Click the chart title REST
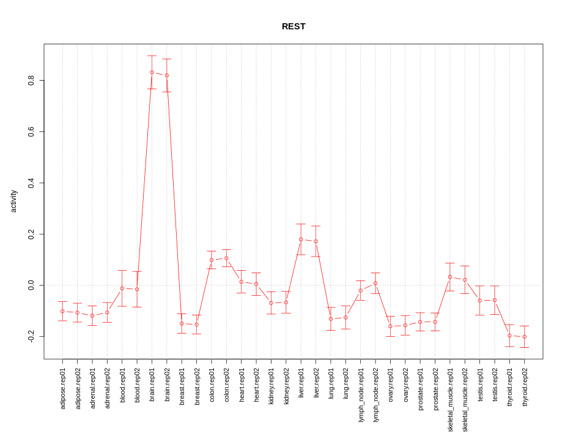pyautogui.click(x=293, y=26)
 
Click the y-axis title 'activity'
pyautogui.click(x=13, y=201)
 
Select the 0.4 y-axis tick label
pyautogui.click(x=31, y=183)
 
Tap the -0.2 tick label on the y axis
pyautogui.click(x=31, y=336)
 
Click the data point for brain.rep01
pyautogui.click(x=152, y=72)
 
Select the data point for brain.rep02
pyautogui.click(x=167, y=75)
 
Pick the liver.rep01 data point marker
pyautogui.click(x=301, y=240)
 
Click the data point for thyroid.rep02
pyautogui.click(x=525, y=337)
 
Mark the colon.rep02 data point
pyautogui.click(x=226, y=258)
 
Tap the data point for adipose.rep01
pyautogui.click(x=62, y=311)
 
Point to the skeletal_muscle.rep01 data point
pyautogui.click(x=450, y=277)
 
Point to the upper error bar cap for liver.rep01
pyautogui.click(x=301, y=224)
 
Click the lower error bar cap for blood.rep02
pyautogui.click(x=137, y=307)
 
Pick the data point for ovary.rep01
pyautogui.click(x=390, y=326)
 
